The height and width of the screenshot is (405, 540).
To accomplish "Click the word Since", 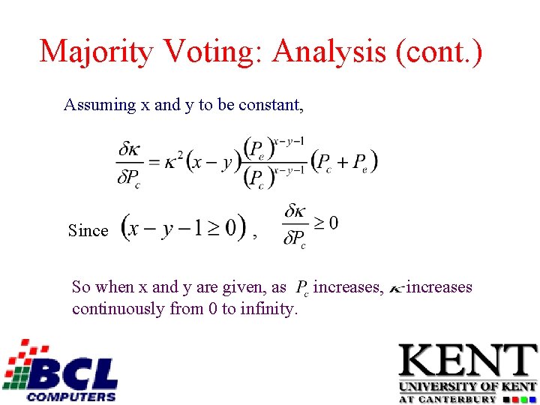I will (88, 231).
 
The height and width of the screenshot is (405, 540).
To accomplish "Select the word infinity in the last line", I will (268, 308).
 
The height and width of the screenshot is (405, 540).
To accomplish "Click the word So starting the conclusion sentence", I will (81, 287).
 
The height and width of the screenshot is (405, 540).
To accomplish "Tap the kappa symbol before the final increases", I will (395, 288).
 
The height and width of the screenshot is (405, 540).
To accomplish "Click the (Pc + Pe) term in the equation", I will (344, 161).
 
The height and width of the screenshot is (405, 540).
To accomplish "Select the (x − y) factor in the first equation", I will (214, 161).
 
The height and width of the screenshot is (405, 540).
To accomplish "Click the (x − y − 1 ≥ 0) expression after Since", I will (184, 226).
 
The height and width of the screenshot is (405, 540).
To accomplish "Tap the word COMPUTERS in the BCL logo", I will (71, 396).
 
